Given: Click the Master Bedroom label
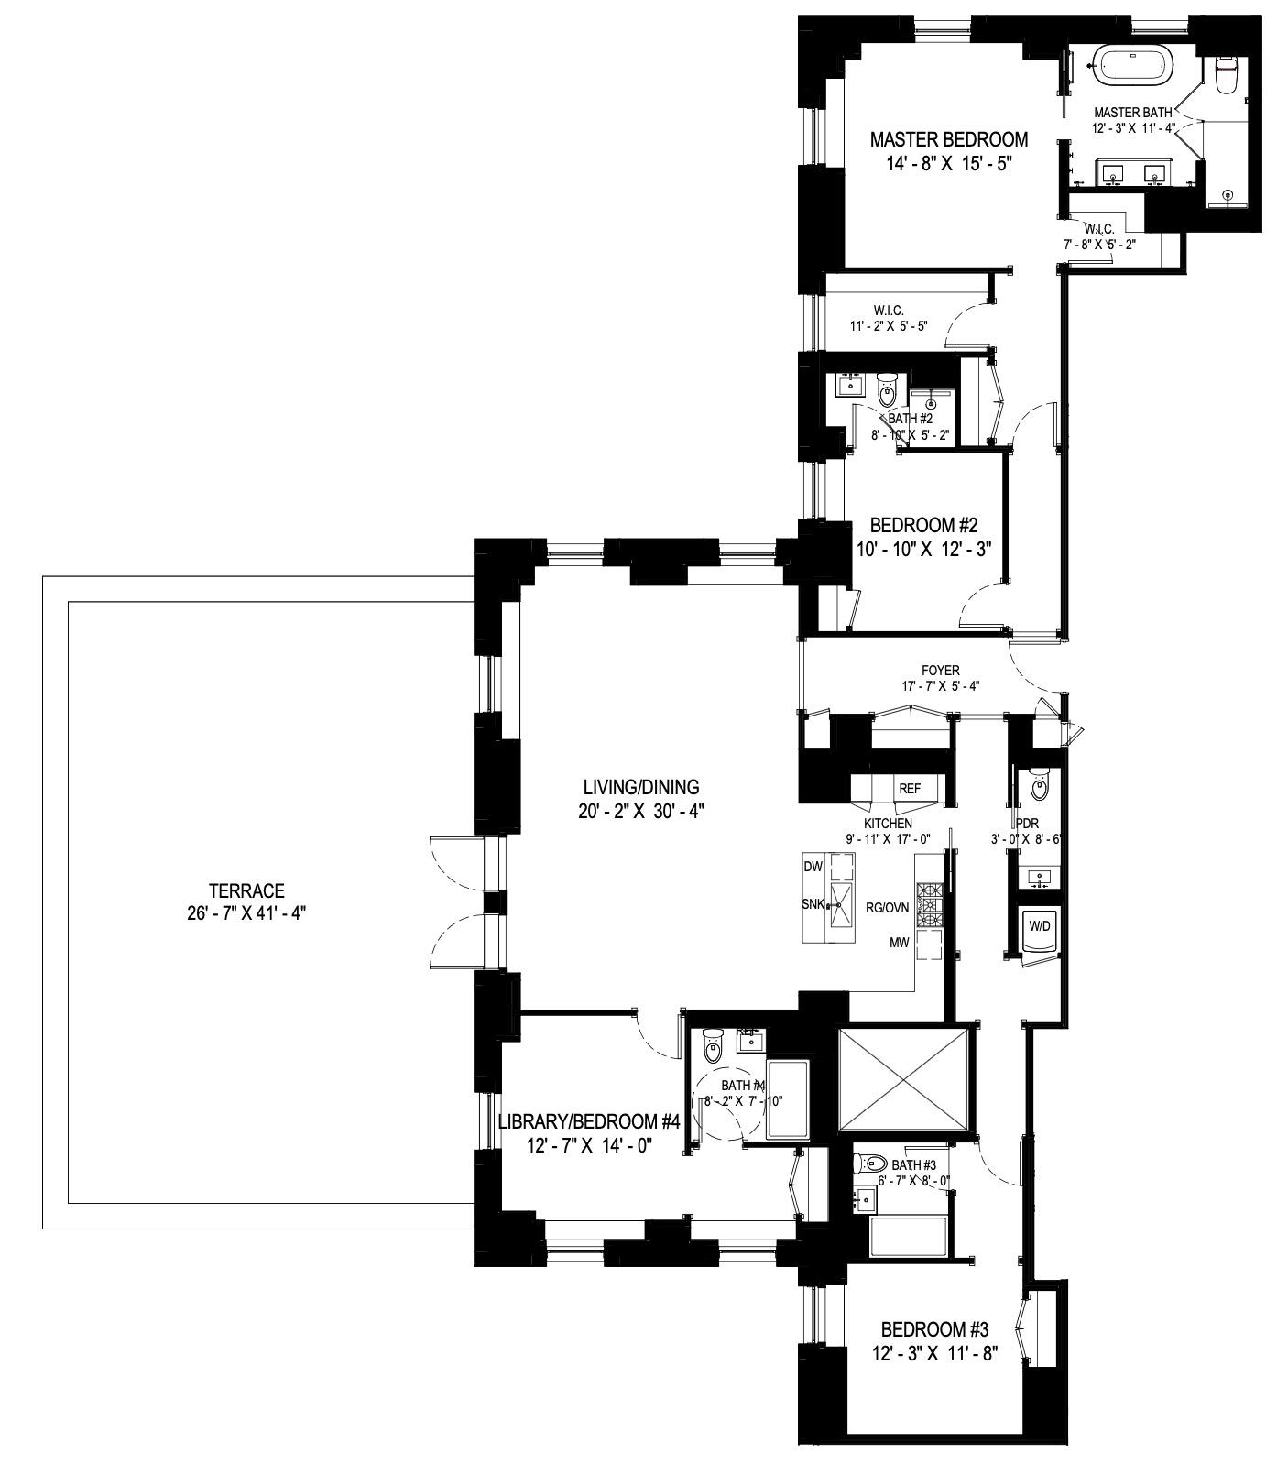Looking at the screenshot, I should pos(948,140).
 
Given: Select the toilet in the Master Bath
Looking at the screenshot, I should pos(1226,75).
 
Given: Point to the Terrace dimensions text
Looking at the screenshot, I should pos(246,913).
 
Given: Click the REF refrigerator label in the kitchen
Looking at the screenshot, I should pos(909,789).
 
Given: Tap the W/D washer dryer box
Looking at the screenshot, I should pos(1040,927).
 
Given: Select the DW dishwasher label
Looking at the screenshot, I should pos(813,867).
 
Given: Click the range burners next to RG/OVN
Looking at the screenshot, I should pos(930,903).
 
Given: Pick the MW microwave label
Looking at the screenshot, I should pos(897,942).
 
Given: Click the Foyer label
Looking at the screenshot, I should pos(940,671).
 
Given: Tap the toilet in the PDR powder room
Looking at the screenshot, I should pos(1039,785).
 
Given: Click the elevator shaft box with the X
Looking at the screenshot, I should pos(904,1078).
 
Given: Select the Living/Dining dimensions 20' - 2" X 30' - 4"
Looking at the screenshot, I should pos(641,811).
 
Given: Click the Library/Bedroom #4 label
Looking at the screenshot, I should pos(589,1121).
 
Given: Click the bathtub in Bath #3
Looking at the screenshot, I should pos(908,1236).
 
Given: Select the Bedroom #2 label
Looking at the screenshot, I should pos(923,526).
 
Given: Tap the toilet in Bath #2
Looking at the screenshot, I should pos(887,392).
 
